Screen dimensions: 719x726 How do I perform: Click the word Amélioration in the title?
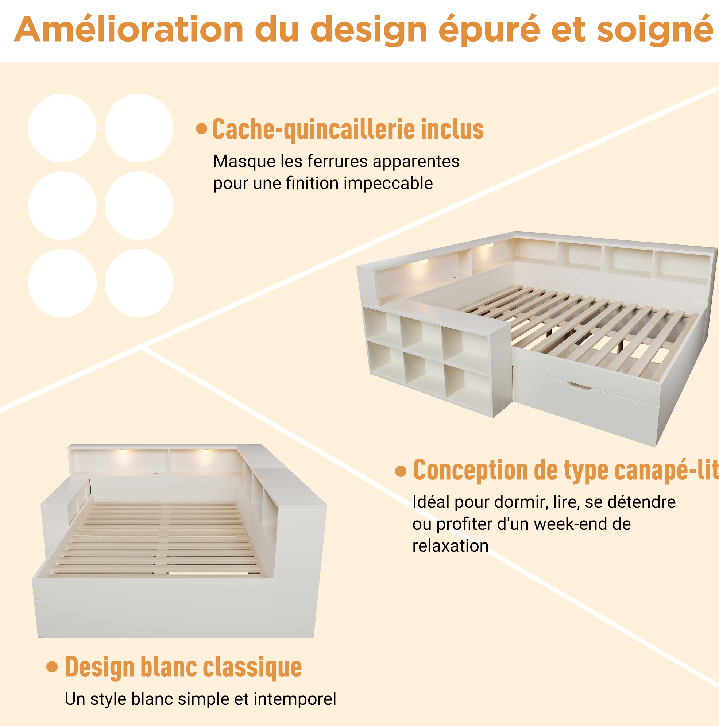[x=129, y=29]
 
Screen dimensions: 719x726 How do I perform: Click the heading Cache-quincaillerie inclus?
[x=348, y=129]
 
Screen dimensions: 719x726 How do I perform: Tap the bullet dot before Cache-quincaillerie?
[x=202, y=128]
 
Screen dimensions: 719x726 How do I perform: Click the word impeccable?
[x=388, y=184]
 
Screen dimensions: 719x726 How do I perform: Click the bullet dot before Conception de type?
[x=401, y=471]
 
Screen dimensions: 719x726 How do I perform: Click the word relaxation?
[x=451, y=546]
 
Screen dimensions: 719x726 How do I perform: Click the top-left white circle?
[x=62, y=128]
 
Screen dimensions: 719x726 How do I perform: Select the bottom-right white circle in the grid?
[x=139, y=283]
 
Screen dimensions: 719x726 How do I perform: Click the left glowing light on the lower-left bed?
[x=123, y=451]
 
